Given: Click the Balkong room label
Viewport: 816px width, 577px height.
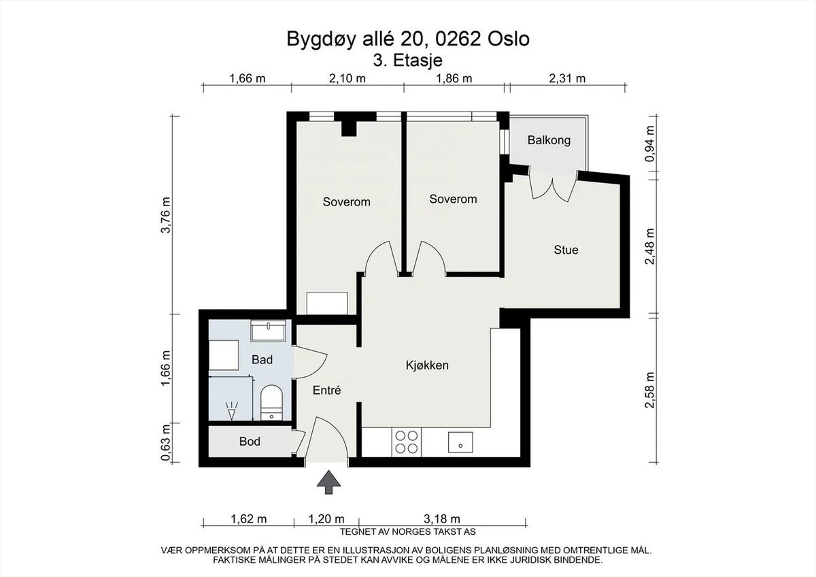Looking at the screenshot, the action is pyautogui.click(x=549, y=140).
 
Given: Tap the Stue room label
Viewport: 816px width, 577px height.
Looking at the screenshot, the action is pyautogui.click(x=566, y=250).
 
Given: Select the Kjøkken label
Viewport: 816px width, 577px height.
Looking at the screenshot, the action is pyautogui.click(x=427, y=365).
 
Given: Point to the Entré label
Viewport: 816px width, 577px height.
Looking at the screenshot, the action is pyautogui.click(x=327, y=391).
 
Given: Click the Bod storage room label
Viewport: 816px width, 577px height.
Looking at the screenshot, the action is pyautogui.click(x=250, y=442).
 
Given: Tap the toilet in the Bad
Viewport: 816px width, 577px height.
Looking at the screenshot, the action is pyautogui.click(x=272, y=402).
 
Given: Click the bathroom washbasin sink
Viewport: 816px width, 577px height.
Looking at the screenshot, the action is pyautogui.click(x=268, y=331).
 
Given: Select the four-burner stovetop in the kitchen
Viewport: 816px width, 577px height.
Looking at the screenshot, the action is pyautogui.click(x=407, y=442).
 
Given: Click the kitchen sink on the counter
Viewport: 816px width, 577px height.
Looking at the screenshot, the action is pyautogui.click(x=460, y=442).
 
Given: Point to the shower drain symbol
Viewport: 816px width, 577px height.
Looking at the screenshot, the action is pyautogui.click(x=231, y=411).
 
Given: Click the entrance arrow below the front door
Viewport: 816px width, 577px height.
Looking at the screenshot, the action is pyautogui.click(x=328, y=482).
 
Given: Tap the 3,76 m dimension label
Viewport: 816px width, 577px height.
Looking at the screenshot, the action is pyautogui.click(x=166, y=215).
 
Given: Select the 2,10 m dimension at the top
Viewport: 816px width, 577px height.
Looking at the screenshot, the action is pyautogui.click(x=347, y=78).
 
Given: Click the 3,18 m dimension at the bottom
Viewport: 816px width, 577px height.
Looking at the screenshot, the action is pyautogui.click(x=442, y=518).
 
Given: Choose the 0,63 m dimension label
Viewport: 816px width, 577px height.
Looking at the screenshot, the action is pyautogui.click(x=166, y=442).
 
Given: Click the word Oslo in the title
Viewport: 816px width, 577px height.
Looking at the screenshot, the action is pyautogui.click(x=508, y=39).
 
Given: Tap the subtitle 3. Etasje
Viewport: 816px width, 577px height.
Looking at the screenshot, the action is pyautogui.click(x=407, y=60).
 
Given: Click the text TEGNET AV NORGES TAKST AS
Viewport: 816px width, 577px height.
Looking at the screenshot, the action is pyautogui.click(x=407, y=532).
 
